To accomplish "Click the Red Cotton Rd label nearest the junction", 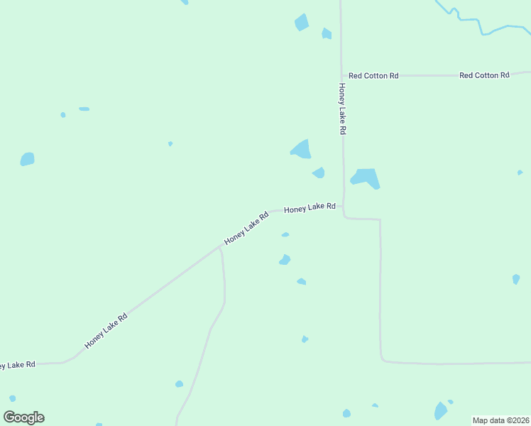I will [373, 75].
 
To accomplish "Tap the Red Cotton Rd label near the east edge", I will [484, 75].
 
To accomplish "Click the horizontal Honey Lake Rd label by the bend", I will [310, 208].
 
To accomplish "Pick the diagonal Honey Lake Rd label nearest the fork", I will [246, 228].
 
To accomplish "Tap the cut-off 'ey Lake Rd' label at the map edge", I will [17, 364].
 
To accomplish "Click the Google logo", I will [24, 417].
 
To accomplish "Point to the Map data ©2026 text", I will [500, 420].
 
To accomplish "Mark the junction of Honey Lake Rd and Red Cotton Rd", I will [341, 75].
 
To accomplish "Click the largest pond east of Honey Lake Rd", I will [366, 177].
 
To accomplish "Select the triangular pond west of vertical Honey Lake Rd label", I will [302, 149].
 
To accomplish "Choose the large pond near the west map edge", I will [27, 159].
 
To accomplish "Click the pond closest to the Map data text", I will [441, 411].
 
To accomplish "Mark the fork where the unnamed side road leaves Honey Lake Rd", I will [220, 248].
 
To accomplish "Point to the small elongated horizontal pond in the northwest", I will [84, 109].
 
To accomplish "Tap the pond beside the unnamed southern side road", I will [179, 384].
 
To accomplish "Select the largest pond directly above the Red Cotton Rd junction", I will [302, 23].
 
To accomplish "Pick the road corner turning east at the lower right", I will [381, 359].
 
